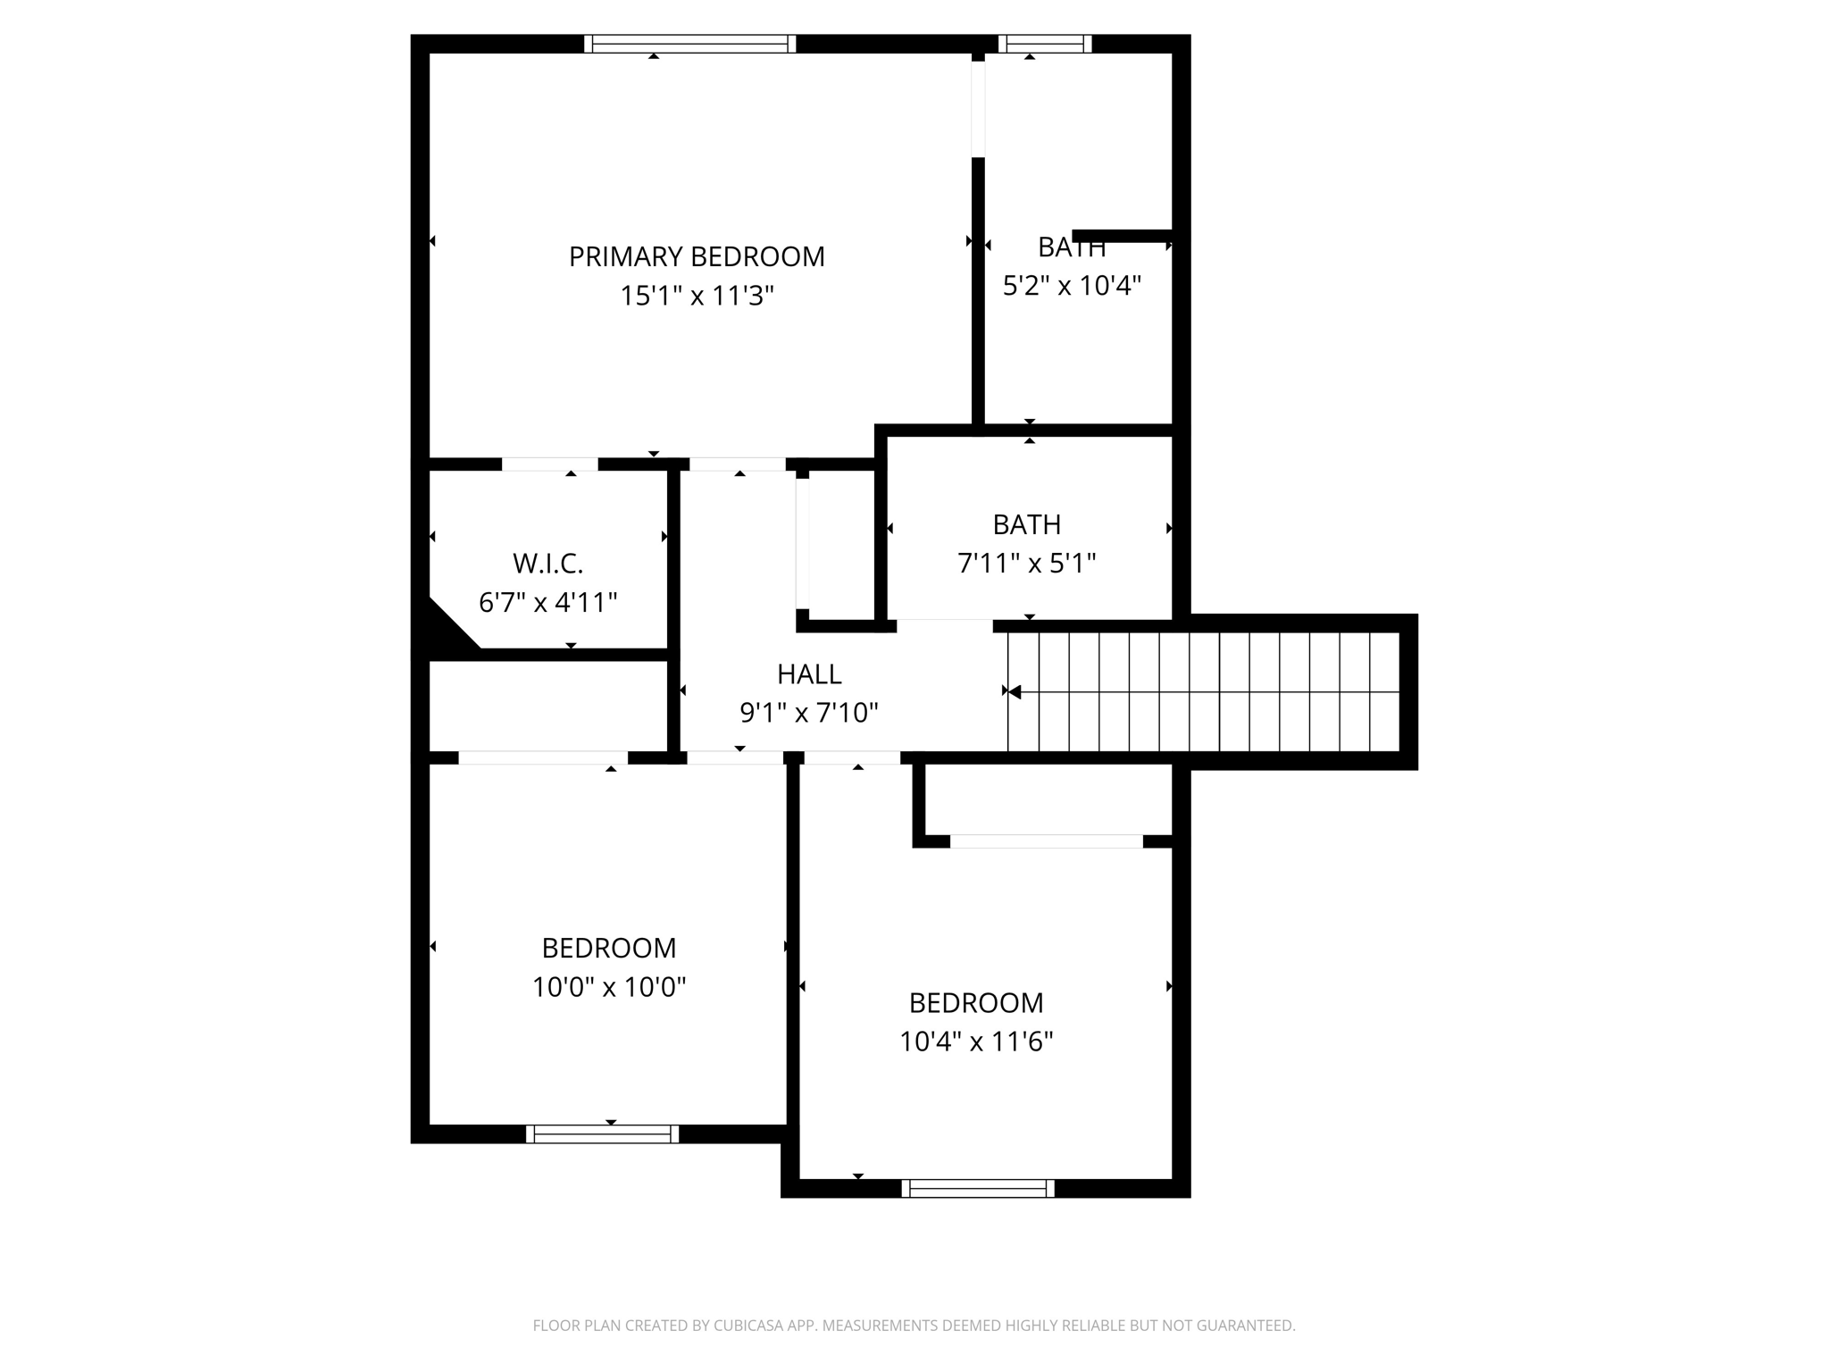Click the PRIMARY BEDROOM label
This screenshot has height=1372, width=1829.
tap(697, 257)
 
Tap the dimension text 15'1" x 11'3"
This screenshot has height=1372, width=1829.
tap(697, 296)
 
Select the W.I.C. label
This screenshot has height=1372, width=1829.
tap(547, 564)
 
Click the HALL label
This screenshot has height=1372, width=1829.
tap(809, 673)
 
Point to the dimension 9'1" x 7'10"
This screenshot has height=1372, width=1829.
tap(809, 713)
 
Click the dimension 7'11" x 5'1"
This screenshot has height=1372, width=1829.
tap(1026, 564)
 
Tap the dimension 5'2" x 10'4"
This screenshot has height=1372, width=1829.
tap(1072, 286)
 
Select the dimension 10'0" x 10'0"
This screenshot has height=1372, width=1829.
tap(609, 987)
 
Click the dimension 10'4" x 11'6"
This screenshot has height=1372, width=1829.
tap(976, 1042)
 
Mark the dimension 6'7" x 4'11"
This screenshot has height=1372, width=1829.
tap(547, 603)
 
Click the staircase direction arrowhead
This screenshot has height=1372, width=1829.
tap(1014, 691)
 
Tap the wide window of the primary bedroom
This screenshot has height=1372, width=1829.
tap(689, 44)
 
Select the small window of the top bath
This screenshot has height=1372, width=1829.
tap(1045, 44)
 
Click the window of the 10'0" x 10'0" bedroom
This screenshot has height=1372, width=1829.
tap(602, 1134)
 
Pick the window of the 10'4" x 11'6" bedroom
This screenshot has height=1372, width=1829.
tap(978, 1189)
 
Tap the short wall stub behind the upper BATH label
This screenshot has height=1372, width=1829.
tap(1122, 236)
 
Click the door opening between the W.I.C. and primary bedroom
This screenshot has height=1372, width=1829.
tap(549, 464)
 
